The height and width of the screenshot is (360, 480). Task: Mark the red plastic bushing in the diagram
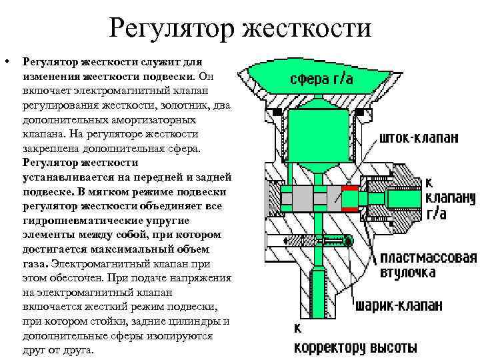[350, 199]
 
